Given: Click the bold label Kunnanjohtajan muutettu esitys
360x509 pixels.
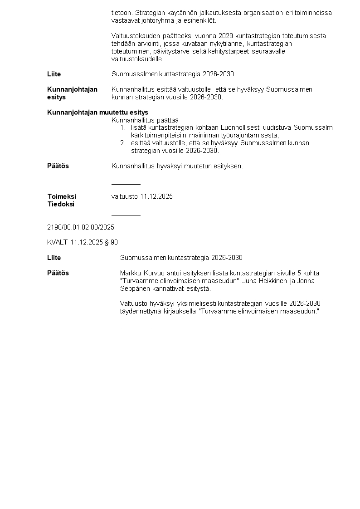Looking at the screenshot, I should click(x=97, y=113).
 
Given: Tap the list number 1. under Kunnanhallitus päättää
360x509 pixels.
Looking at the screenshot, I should click(x=123, y=128).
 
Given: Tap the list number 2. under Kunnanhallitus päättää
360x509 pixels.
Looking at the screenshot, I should click(x=123, y=143).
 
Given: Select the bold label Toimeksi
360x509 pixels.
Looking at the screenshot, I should click(x=62, y=196).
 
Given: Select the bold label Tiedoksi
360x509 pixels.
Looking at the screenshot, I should click(x=61, y=204).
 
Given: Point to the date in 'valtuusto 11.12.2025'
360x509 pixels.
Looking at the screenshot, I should click(x=156, y=196).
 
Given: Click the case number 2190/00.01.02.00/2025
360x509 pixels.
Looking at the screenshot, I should click(x=81, y=227).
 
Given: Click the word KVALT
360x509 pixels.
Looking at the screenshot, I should click(x=57, y=242).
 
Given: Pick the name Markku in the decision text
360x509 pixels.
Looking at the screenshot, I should click(x=131, y=273).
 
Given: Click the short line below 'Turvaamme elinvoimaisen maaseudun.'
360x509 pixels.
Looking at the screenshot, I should click(x=134, y=330).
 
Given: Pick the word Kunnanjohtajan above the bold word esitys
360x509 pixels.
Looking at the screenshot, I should click(x=72, y=89).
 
